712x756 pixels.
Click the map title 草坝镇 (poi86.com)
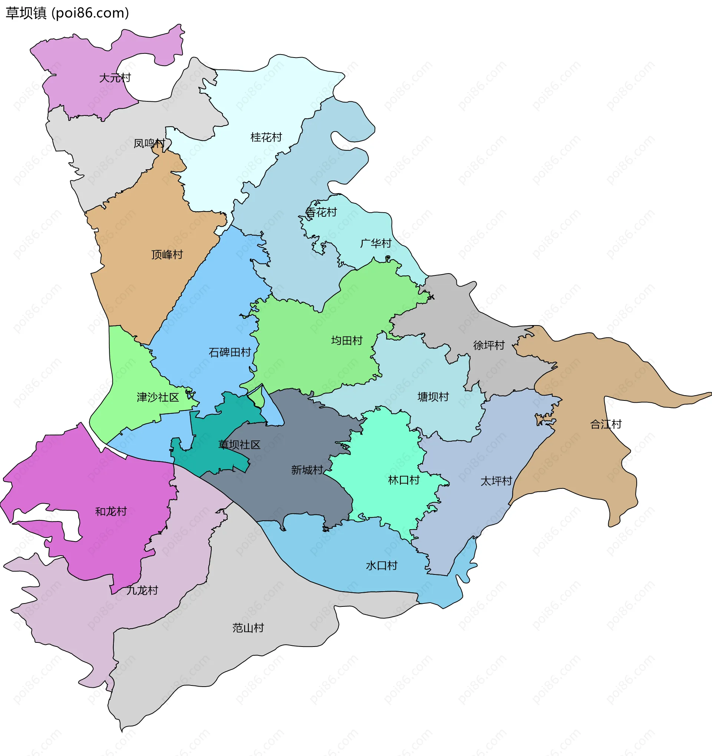[67, 13]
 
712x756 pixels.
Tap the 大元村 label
[115, 78]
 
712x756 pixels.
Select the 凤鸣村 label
[149, 143]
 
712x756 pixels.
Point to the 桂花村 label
[266, 137]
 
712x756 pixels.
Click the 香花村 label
[322, 212]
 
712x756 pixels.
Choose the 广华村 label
[376, 243]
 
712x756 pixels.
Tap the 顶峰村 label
[167, 254]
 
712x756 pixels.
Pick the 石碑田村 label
[230, 353]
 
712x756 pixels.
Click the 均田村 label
[347, 340]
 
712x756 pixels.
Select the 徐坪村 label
[489, 345]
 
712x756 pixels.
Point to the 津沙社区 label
[158, 397]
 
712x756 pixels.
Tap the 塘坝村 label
[433, 397]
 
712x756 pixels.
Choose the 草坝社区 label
[239, 445]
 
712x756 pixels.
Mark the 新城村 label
[307, 470]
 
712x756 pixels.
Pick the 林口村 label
[403, 480]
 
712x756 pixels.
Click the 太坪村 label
[496, 481]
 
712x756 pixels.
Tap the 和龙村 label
[111, 511]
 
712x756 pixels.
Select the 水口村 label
[382, 566]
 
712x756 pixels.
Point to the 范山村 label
[248, 628]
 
